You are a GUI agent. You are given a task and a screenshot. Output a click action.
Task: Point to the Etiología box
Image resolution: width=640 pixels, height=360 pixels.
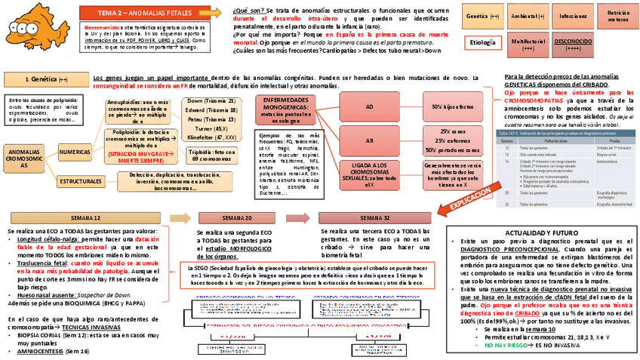click(x=482, y=42)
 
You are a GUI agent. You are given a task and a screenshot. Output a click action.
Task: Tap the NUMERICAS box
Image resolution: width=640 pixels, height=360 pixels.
click(x=78, y=152)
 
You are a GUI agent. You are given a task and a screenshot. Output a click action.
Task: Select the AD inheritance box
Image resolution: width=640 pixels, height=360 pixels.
click(x=369, y=107)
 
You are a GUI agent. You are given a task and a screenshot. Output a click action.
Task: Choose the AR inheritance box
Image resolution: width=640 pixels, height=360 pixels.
click(x=369, y=140)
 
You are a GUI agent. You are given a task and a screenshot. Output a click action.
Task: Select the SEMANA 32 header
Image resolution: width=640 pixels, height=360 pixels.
click(x=375, y=217)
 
